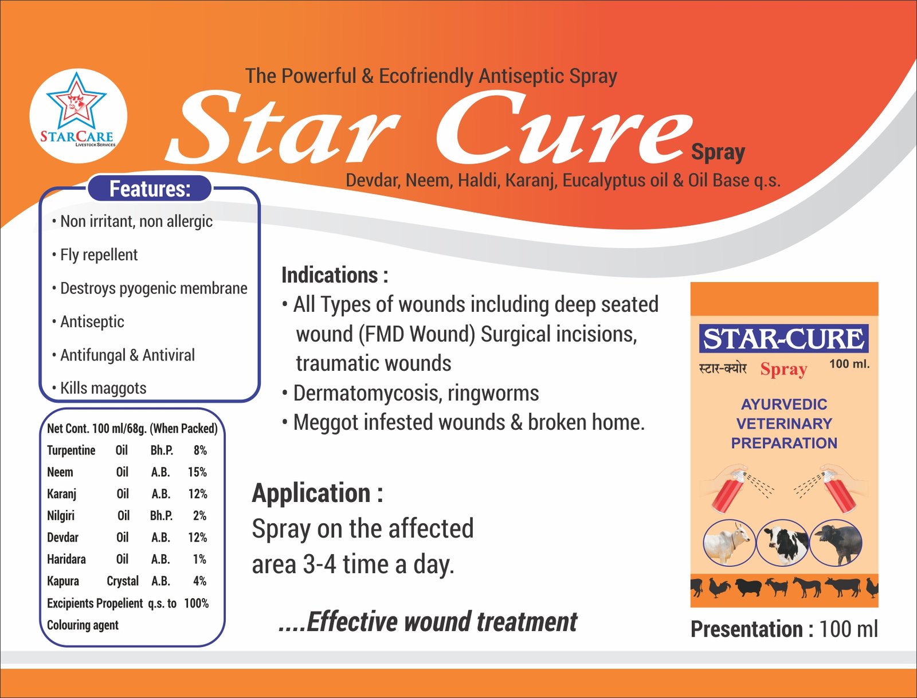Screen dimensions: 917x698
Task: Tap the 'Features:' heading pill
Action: pos(150,189)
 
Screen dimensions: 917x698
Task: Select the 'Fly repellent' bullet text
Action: pos(99,255)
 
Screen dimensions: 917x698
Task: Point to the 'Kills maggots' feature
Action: pos(103,388)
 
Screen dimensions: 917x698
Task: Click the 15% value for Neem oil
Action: pos(197,472)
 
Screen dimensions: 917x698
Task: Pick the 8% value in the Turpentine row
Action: pos(200,450)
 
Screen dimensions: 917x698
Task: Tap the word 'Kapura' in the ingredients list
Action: pos(62,581)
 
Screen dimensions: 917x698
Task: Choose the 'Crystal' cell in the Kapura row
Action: pos(123,581)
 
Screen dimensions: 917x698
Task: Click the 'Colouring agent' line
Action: pos(83,625)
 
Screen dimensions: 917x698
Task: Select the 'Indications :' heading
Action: pos(335,275)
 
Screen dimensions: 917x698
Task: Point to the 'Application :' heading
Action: pos(317,493)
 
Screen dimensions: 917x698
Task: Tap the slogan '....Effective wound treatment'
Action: pos(428,622)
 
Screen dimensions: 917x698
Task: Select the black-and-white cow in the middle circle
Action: pos(782,543)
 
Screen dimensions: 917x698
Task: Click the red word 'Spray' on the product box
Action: pos(783,370)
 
